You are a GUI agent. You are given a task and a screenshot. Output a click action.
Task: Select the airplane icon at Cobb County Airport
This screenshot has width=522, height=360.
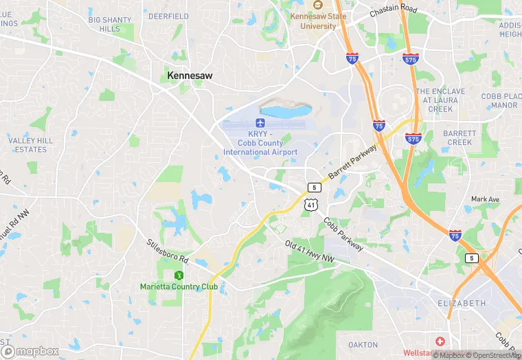click(260, 122)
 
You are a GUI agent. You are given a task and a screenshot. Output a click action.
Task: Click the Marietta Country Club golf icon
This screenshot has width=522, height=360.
click(179, 275)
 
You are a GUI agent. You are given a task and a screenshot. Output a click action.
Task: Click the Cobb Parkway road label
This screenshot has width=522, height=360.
click(344, 231)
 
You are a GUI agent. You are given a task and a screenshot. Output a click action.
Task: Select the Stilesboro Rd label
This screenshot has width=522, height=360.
click(167, 252)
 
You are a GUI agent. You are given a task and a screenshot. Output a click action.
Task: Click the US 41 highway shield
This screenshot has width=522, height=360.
click(311, 205)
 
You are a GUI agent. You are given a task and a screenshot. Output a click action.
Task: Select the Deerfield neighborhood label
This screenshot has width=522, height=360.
click(168, 16)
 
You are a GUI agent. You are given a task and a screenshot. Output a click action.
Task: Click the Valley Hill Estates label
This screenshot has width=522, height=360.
click(30, 144)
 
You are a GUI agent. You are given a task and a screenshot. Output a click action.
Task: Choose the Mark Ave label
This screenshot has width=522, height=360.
click(485, 199)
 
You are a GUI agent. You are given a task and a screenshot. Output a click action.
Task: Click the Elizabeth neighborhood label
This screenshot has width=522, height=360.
click(462, 303)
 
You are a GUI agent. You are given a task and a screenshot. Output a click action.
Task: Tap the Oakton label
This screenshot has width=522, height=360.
click(363, 344)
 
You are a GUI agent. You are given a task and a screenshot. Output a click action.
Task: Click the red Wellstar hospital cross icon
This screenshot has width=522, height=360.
click(440, 341)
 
